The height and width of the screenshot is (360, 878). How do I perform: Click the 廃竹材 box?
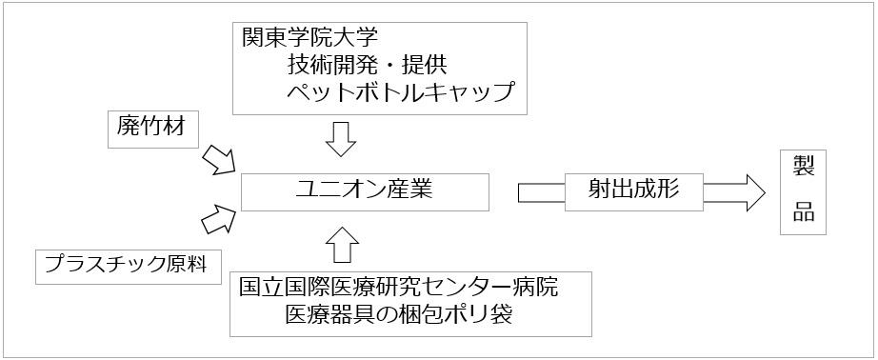(153, 129)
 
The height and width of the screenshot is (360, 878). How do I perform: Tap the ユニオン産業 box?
(365, 190)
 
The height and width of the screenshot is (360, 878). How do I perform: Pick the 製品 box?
(803, 191)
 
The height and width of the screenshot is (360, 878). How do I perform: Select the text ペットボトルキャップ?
(400, 92)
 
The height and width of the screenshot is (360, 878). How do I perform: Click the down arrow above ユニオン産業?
(339, 139)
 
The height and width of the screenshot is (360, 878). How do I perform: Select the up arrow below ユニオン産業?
(340, 245)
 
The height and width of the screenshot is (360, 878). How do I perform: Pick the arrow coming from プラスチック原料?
(218, 218)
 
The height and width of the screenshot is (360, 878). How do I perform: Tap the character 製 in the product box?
(803, 168)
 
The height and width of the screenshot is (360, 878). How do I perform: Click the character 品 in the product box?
(803, 213)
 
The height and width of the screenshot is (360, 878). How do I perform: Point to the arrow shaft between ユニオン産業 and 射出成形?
(541, 191)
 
